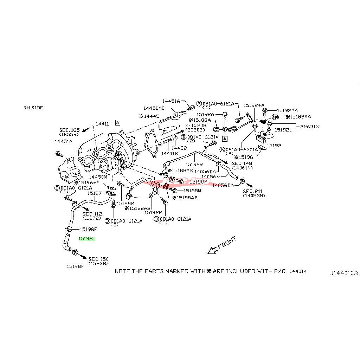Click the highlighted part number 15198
pos(86,238)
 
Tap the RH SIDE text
pos(33,108)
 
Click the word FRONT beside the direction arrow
pos(227,243)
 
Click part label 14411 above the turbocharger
pos(102,124)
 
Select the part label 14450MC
pos(154,108)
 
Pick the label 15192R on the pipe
pos(194,164)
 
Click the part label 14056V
pos(211,176)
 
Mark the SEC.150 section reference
pos(98,259)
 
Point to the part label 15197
pos(95,193)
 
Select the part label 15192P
pos(153,212)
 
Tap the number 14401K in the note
pos(298,271)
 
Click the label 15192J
pos(283,130)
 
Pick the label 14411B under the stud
pos(169,153)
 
